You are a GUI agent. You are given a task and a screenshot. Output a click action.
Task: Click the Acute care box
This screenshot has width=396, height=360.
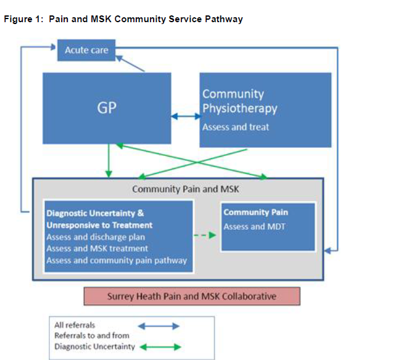(x=86, y=50)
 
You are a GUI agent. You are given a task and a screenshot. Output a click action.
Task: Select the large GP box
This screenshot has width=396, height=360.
(x=107, y=108)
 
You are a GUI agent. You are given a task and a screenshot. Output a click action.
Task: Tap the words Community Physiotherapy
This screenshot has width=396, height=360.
(x=239, y=101)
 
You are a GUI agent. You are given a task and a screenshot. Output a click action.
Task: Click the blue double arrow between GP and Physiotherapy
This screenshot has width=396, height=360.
(x=186, y=115)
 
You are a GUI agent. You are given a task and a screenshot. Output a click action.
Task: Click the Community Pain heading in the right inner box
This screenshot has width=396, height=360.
(x=255, y=213)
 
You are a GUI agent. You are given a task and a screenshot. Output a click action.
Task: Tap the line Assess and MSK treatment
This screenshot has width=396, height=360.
(x=97, y=248)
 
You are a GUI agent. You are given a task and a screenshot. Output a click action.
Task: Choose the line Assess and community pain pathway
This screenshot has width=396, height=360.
(x=117, y=260)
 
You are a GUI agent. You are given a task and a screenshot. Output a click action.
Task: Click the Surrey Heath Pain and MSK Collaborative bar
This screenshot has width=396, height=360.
(x=192, y=296)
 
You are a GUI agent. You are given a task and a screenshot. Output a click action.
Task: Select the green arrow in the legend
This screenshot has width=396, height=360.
(x=158, y=346)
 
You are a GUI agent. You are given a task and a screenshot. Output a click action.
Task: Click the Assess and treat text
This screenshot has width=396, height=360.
(x=236, y=127)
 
